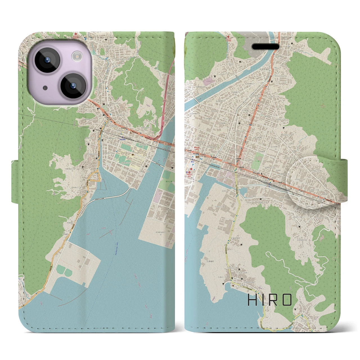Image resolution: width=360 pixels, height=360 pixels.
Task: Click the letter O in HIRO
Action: tap(287, 300)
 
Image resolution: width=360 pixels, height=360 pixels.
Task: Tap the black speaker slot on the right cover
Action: tap(266, 47)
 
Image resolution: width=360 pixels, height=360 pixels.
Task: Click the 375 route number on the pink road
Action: tap(165, 100)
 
